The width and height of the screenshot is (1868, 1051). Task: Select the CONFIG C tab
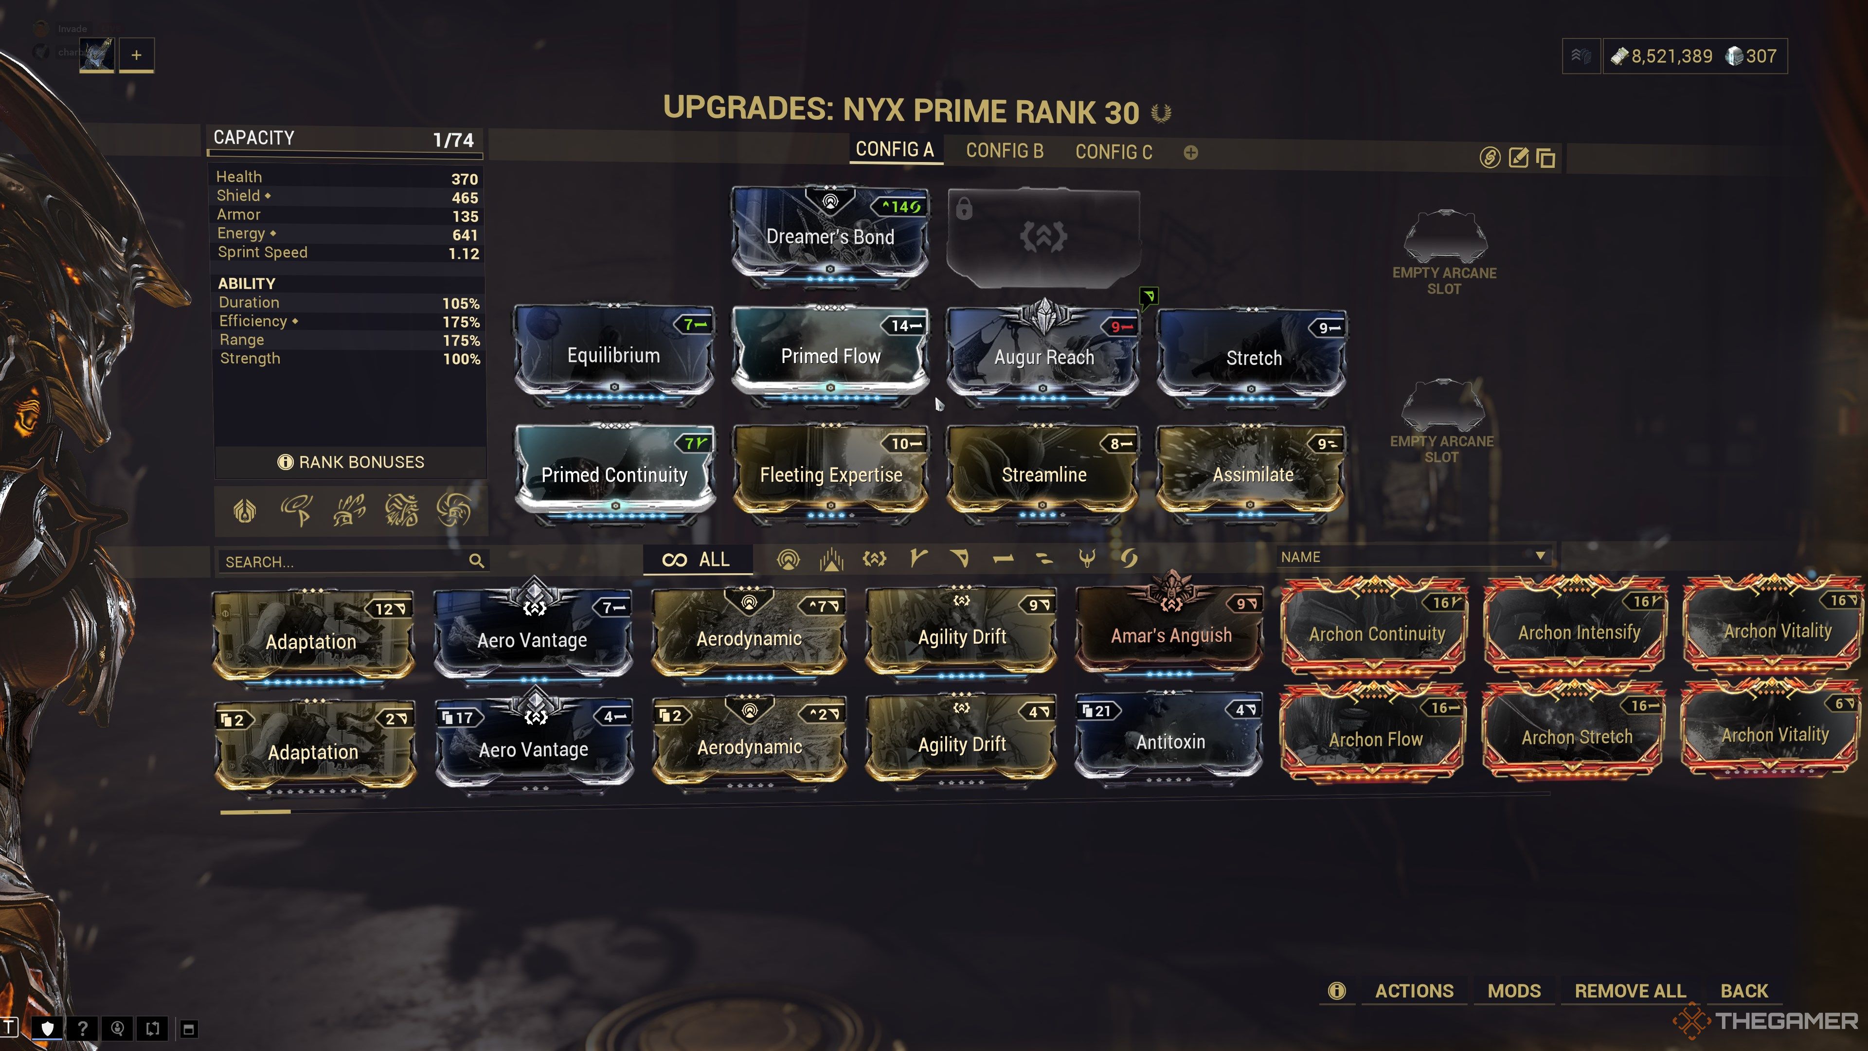point(1113,152)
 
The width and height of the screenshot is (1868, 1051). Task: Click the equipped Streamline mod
point(1043,475)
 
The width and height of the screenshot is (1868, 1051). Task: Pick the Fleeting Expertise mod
point(830,475)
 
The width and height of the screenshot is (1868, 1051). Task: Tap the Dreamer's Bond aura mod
point(829,237)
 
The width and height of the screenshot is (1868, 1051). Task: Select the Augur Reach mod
point(1043,357)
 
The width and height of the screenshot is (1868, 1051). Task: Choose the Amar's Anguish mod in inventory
point(1170,635)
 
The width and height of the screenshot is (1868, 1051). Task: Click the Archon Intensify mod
point(1578,633)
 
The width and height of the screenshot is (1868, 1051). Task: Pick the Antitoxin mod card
point(1169,741)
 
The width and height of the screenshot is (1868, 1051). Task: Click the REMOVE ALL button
point(1630,991)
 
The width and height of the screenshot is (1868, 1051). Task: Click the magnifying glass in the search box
point(476,561)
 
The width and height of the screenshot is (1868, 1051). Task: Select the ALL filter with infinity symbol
point(696,559)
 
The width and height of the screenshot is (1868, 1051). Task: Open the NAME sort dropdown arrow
point(1540,556)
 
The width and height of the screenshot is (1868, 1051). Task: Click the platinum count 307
point(1760,56)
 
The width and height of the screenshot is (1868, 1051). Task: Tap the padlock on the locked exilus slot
point(964,210)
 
